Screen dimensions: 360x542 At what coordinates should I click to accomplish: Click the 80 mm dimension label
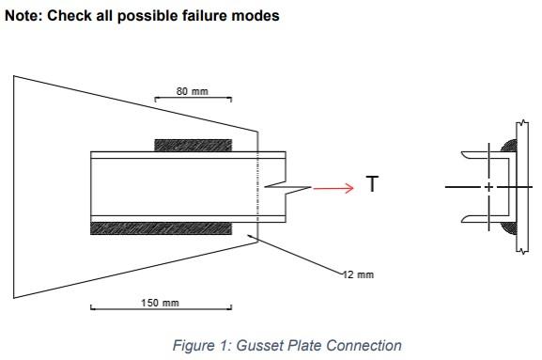point(193,91)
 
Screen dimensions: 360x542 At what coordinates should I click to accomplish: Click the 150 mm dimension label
point(161,303)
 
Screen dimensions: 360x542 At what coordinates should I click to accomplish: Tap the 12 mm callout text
point(358,274)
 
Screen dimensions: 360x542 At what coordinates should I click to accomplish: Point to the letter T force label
point(372,185)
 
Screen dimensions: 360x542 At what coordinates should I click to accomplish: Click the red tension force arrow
point(333,188)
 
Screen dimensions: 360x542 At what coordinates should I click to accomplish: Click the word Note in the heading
point(23,16)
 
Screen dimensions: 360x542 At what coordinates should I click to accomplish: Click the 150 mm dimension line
point(161,308)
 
